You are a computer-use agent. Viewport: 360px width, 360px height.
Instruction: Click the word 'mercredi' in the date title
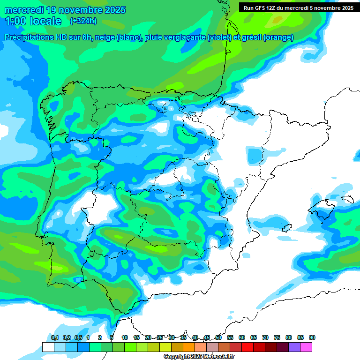(23, 10)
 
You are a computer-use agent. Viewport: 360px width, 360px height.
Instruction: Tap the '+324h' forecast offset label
(83, 21)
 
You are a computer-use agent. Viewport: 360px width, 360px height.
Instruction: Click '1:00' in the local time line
(15, 21)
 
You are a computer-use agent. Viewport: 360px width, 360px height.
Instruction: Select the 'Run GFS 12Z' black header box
(298, 7)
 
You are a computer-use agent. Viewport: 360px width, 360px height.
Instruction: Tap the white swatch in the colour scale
(48, 347)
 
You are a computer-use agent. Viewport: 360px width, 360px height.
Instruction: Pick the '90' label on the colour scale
(312, 337)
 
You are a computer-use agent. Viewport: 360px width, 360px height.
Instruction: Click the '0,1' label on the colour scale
(55, 337)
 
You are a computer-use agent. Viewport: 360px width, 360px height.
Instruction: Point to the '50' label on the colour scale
(218, 337)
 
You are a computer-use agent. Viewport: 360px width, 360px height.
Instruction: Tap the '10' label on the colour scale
(125, 337)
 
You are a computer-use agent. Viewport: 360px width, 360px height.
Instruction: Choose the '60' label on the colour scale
(242, 337)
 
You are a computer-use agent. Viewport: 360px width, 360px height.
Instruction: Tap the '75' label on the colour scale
(277, 337)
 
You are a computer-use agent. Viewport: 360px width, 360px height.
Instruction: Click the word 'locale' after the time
(45, 21)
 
